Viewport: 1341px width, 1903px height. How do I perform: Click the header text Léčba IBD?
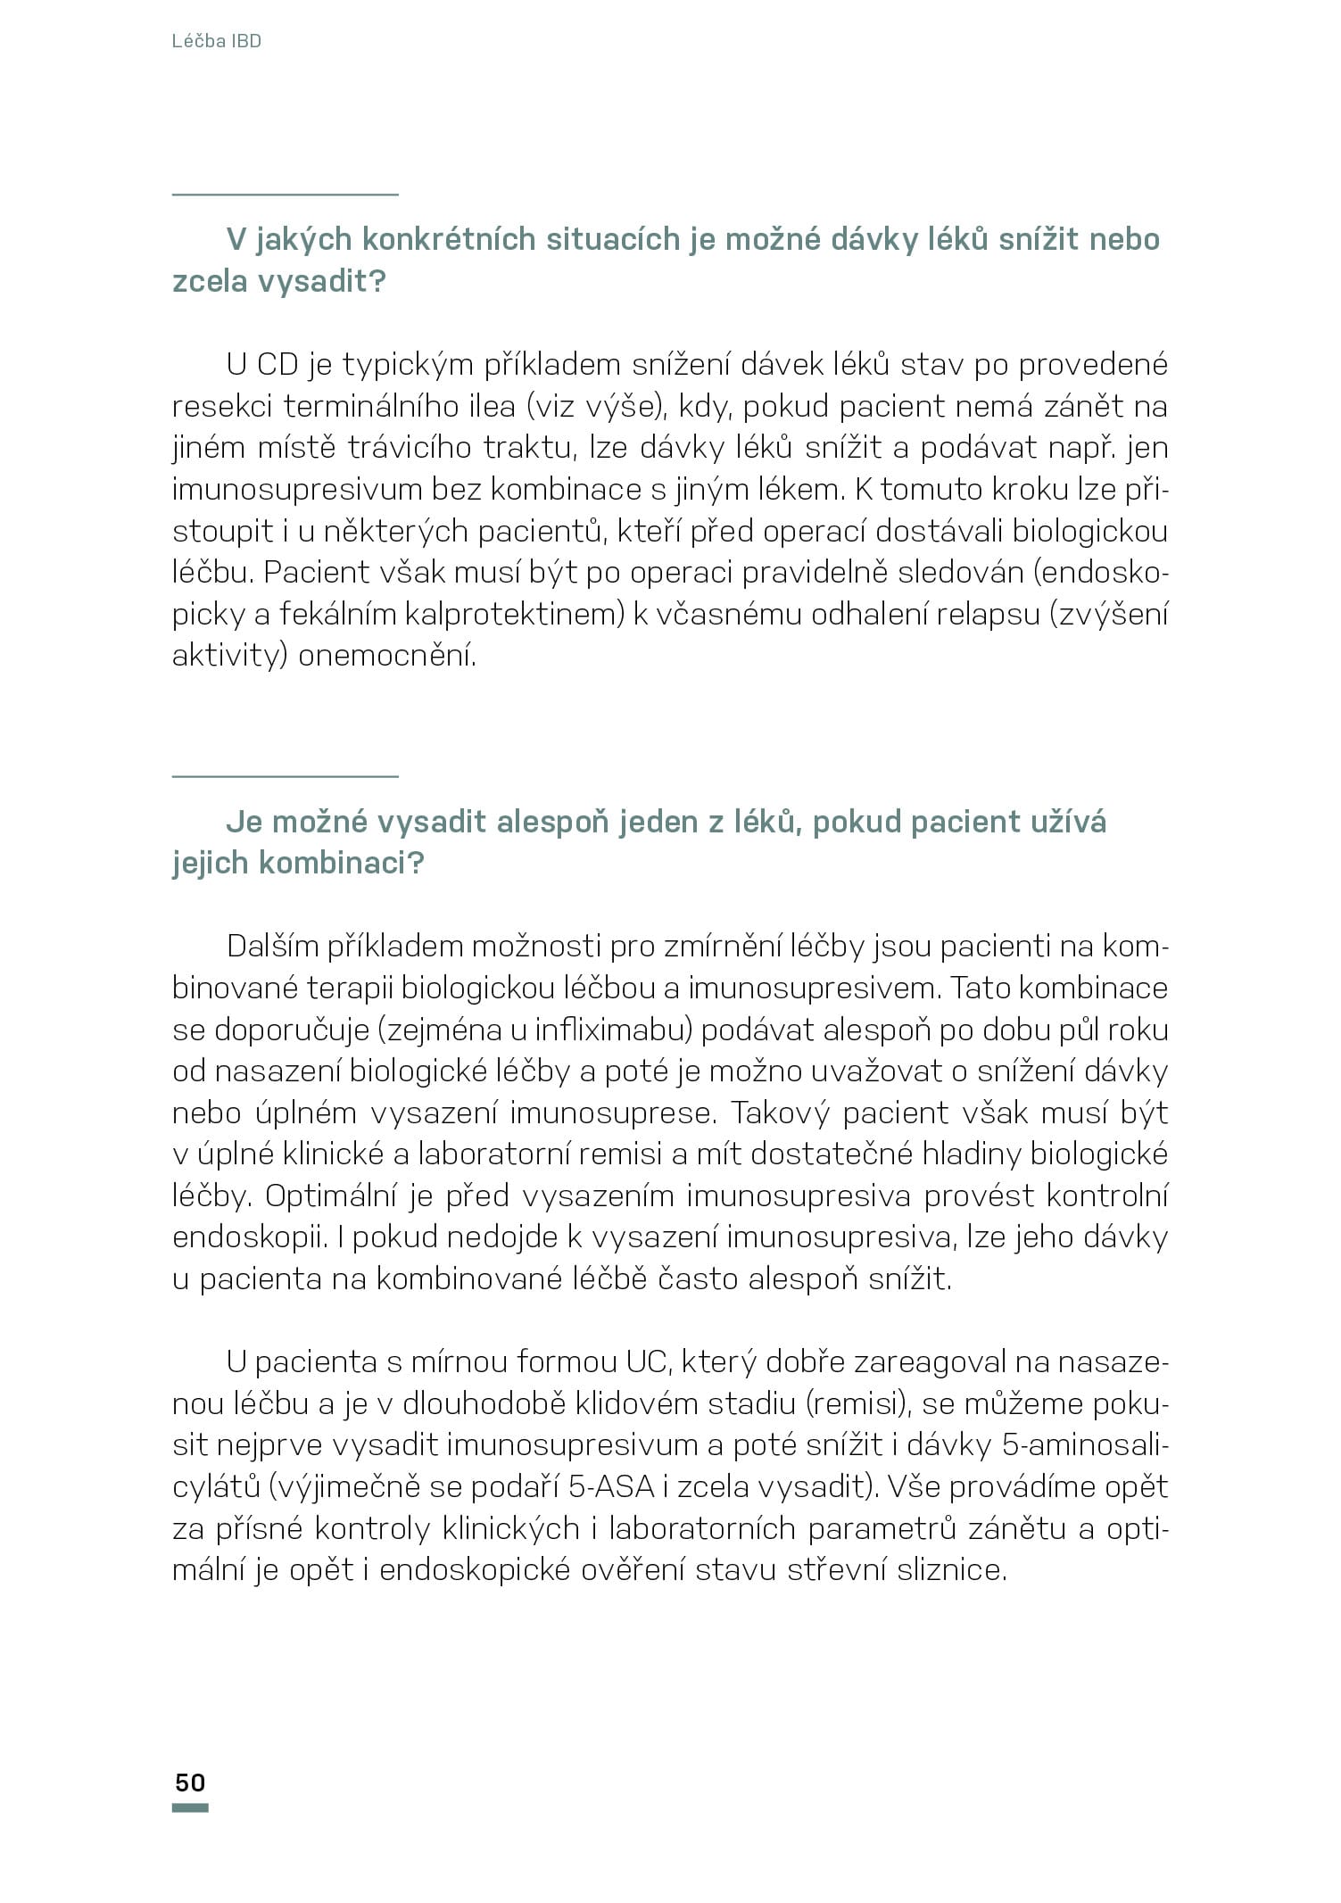pos(216,41)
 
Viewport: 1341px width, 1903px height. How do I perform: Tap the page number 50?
pos(190,1783)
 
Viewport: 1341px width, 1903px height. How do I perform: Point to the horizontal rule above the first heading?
pos(285,194)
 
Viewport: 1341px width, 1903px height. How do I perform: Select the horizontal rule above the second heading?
pos(285,776)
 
